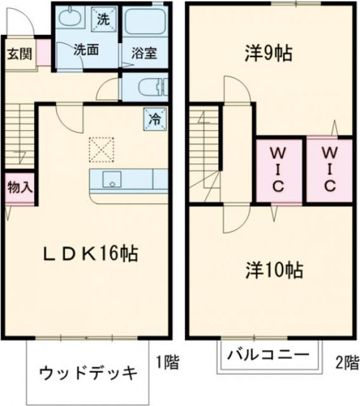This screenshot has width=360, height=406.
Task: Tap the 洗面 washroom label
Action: pyautogui.click(x=85, y=50)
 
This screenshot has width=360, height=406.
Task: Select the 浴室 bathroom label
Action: pyautogui.click(x=144, y=53)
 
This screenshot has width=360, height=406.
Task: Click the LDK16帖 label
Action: pyautogui.click(x=91, y=255)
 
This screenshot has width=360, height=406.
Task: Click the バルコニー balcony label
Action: pyautogui.click(x=269, y=354)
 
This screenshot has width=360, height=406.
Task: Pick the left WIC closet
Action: pyautogui.click(x=278, y=169)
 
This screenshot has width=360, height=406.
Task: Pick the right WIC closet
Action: pyautogui.click(x=330, y=169)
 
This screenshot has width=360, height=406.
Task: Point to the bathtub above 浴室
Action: pyautogui.click(x=145, y=23)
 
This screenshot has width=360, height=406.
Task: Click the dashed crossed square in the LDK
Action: pyautogui.click(x=100, y=150)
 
